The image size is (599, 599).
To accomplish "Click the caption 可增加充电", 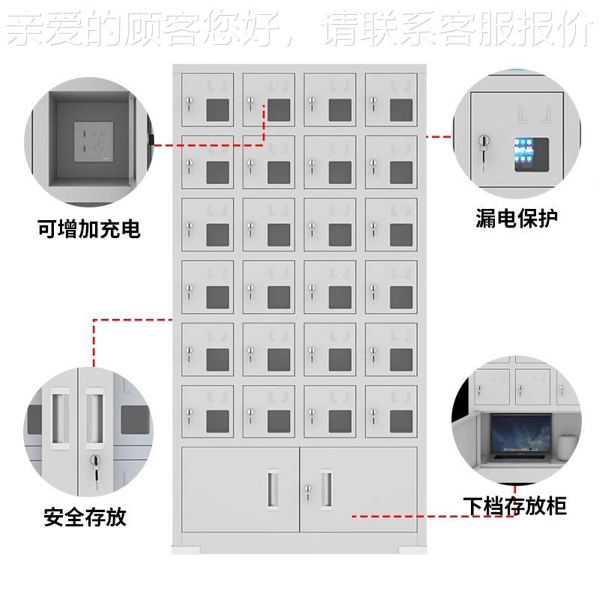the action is click(88, 228).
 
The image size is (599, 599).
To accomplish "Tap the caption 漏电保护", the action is click(517, 218).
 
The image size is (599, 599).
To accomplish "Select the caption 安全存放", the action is click(85, 516).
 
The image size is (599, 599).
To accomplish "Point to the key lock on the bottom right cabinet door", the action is click(307, 490).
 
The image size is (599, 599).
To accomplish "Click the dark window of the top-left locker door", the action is click(218, 109).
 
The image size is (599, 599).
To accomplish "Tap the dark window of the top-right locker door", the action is click(401, 109).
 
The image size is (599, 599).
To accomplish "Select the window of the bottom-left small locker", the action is click(218, 421).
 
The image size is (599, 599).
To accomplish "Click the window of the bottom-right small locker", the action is click(401, 421).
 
